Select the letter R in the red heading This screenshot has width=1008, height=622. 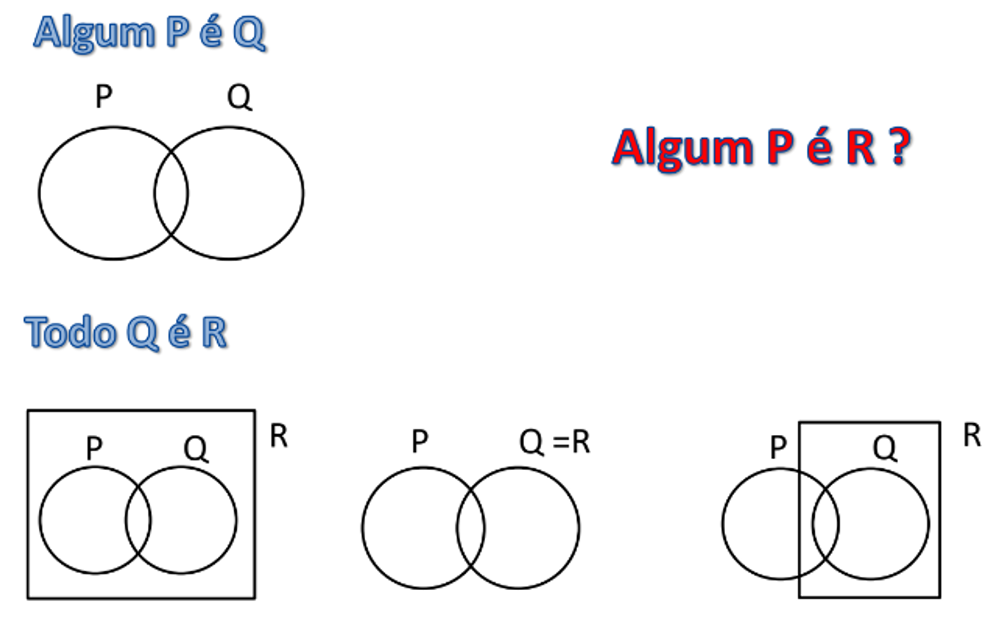coord(860,147)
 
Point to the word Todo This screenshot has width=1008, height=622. coord(71,332)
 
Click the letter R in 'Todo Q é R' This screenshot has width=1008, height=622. coord(214,332)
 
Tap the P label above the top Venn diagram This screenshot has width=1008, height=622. coord(104,96)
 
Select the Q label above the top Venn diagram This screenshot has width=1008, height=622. coord(239,97)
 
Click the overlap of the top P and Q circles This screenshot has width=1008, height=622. coord(171,193)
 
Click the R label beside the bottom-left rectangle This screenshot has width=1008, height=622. coord(279,435)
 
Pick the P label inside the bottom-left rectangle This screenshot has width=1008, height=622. coord(94,447)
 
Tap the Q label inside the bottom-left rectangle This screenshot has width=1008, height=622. coord(196,448)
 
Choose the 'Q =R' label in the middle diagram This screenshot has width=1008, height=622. coord(555,442)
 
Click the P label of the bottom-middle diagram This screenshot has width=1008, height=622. coord(420,441)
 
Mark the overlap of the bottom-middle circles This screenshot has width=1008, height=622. coord(471,528)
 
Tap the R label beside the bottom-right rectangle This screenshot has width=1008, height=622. coord(972,435)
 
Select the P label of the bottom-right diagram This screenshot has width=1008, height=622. coord(778,447)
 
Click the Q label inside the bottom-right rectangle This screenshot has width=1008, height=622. coord(885,448)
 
